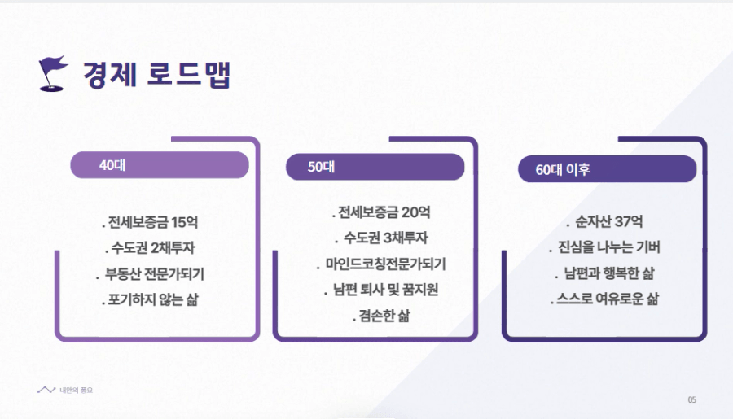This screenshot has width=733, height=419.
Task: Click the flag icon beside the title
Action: click(53, 73)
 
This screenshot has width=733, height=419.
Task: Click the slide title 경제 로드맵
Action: click(156, 74)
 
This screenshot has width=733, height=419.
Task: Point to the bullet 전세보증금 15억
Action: click(150, 222)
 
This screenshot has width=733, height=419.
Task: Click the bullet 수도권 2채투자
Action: click(150, 247)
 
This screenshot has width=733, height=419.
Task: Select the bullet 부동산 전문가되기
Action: click(150, 273)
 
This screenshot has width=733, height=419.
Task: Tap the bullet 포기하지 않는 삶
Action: click(150, 299)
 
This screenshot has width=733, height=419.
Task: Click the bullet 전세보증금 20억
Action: click(381, 212)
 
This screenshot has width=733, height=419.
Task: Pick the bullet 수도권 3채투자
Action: click(381, 238)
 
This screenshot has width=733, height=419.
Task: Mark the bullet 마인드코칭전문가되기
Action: click(381, 264)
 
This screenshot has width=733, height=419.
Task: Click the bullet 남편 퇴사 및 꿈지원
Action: click(381, 290)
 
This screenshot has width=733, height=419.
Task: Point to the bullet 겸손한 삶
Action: click(381, 316)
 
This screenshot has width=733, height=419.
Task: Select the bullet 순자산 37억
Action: click(604, 221)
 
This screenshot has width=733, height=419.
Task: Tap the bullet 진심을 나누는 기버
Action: click(604, 247)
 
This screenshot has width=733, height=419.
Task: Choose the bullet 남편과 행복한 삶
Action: click(604, 273)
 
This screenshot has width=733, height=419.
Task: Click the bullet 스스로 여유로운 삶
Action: click(604, 299)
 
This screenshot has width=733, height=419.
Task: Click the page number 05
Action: click(691, 399)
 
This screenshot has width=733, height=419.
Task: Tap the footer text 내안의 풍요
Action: click(77, 390)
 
